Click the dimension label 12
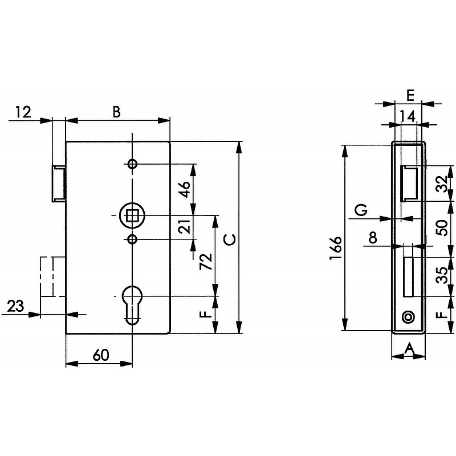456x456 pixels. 23,112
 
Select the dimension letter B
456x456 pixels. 116,112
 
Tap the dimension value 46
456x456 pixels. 184,189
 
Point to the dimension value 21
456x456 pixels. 184,226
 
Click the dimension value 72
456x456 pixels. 206,262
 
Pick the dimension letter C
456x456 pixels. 230,239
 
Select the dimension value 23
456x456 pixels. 15,306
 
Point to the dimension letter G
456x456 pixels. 361,210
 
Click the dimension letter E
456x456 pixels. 410,95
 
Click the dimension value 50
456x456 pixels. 442,228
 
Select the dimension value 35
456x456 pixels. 442,275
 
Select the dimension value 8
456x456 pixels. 373,237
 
